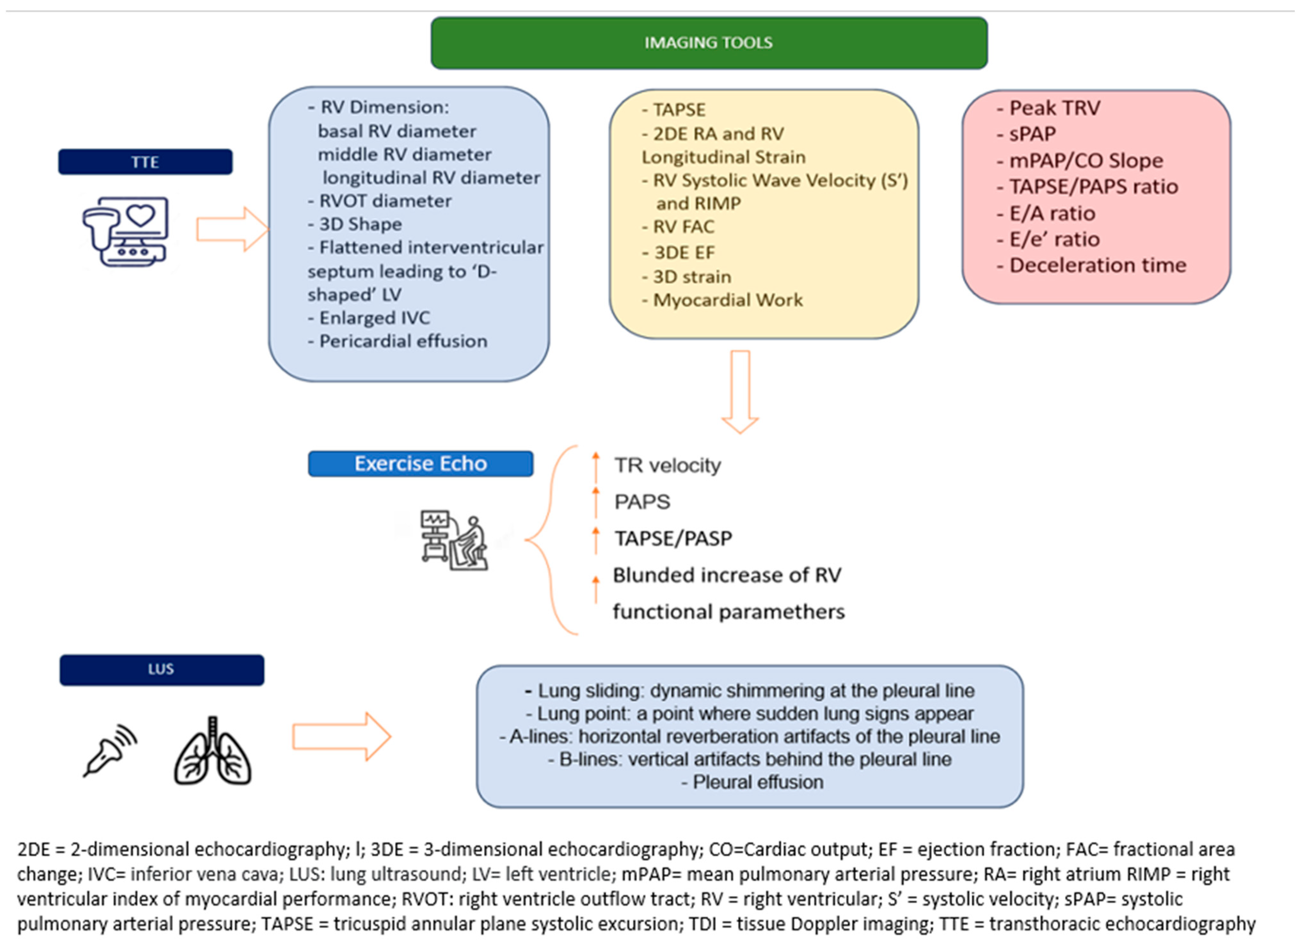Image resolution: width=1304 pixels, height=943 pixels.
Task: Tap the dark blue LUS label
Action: [162, 669]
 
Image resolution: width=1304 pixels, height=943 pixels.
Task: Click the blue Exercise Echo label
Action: [420, 463]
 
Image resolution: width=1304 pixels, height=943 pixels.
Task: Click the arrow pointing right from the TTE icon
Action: [232, 229]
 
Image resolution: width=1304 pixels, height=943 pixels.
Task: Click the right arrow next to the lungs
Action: [342, 737]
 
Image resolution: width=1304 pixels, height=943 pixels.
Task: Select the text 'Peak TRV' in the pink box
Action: [1054, 108]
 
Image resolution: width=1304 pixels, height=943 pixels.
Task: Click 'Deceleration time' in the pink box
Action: [1098, 265]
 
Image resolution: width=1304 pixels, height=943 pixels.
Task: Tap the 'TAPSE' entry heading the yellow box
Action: [679, 109]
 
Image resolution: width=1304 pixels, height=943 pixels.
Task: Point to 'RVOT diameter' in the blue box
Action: [385, 201]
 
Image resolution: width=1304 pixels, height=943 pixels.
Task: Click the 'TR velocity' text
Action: [667, 465]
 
